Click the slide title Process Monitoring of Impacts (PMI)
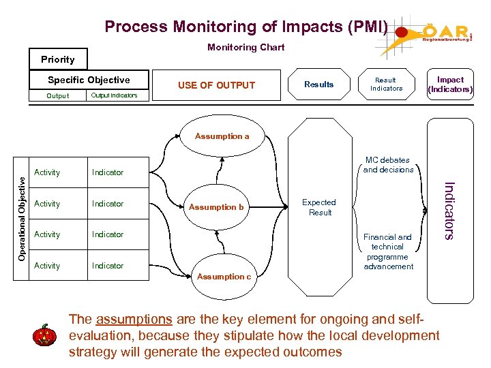245,27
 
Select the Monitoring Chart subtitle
246,47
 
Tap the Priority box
58,59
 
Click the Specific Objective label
88,80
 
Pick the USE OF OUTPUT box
216,85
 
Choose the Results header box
319,85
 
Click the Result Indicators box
386,84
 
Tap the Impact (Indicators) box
450,85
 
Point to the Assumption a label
222,136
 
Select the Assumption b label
216,207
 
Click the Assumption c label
224,277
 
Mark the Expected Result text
319,207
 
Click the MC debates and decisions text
388,165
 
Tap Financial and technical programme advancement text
388,251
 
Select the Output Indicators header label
114,95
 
